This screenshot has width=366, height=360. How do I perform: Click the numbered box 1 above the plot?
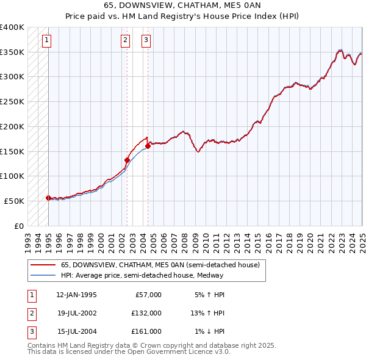[47, 41]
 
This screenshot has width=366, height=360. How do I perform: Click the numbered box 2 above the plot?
[125, 41]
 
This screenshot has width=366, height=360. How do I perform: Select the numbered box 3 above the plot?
[146, 41]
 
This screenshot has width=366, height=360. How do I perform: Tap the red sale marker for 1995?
[48, 198]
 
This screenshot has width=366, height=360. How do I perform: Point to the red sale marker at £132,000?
[127, 160]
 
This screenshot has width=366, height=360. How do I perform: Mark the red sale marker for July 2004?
[148, 146]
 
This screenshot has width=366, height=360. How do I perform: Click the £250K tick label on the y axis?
[12, 101]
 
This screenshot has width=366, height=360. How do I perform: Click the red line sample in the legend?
[43, 265]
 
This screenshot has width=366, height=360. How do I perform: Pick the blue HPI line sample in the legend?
[43, 275]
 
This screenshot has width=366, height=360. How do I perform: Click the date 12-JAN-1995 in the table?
[76, 295]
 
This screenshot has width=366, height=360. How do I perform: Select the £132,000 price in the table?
[146, 313]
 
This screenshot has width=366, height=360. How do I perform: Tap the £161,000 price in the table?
[146, 331]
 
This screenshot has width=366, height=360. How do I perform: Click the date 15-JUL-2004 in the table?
[76, 331]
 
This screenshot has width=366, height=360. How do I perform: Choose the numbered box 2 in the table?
[31, 313]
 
